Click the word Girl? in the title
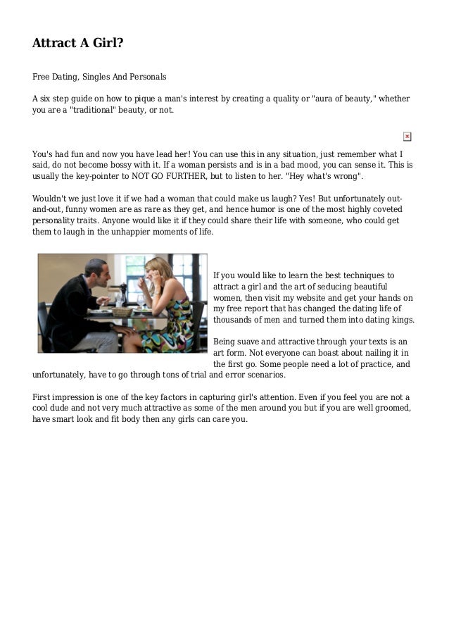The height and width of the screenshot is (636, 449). (x=105, y=44)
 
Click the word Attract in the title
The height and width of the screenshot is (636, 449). (x=55, y=44)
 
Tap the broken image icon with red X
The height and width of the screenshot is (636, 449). (x=407, y=136)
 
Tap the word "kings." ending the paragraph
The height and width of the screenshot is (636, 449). (x=402, y=320)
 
